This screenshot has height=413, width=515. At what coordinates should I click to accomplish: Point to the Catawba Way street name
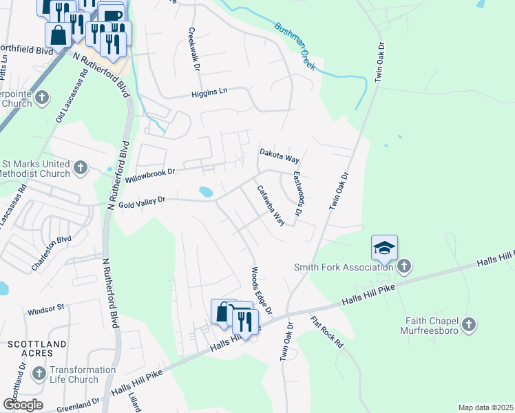pyautogui.click(x=271, y=205)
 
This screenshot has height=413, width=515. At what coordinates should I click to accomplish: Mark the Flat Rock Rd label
pyautogui.click(x=326, y=332)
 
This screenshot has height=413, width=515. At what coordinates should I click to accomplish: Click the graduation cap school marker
pyautogui.click(x=385, y=248)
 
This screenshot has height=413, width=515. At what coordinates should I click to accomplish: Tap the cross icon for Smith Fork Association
pyautogui.click(x=404, y=265)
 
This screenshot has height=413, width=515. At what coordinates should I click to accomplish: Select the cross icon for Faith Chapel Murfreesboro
pyautogui.click(x=468, y=324)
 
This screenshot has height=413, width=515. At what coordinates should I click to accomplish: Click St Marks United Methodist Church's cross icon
pyautogui.click(x=81, y=167)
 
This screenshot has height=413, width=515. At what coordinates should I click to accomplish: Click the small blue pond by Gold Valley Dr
pyautogui.click(x=205, y=191)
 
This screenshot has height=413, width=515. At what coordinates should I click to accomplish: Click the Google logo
pyautogui.click(x=23, y=404)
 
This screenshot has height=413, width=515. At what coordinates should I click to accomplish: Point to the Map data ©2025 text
pyautogui.click(x=485, y=407)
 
